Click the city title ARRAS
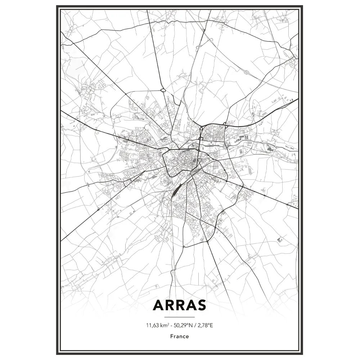click(x=180, y=305)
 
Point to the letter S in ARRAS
click(x=201, y=305)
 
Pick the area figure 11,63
click(x=152, y=325)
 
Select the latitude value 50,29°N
click(x=185, y=325)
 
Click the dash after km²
click(x=172, y=326)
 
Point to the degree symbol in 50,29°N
click(x=189, y=324)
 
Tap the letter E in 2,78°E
click(x=212, y=325)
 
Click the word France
click(x=180, y=336)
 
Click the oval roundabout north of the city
click(x=163, y=90)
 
